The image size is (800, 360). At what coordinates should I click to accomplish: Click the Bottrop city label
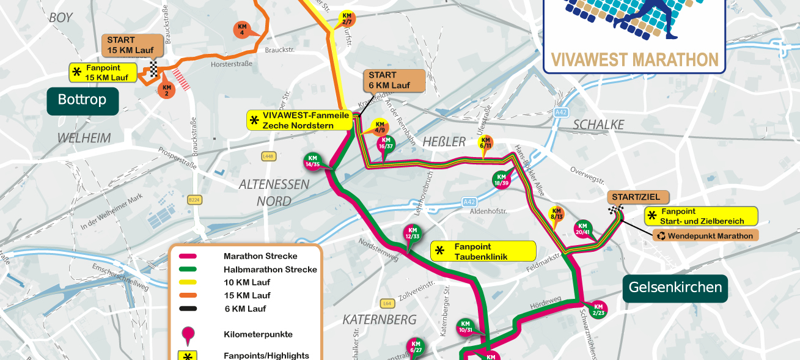[83, 100]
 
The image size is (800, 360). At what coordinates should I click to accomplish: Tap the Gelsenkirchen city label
[675, 287]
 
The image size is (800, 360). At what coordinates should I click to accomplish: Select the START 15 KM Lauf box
[132, 45]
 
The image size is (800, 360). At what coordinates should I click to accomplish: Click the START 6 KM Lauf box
[394, 81]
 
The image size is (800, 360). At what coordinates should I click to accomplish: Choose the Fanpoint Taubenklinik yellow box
[483, 251]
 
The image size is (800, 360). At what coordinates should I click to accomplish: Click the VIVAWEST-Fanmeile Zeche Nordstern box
[299, 120]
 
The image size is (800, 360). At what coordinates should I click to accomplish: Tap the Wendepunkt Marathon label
[705, 235]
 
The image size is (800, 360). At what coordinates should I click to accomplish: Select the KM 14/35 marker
[313, 161]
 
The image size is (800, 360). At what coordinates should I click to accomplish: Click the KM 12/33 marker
[413, 233]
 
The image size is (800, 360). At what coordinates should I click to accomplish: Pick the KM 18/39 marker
[501, 180]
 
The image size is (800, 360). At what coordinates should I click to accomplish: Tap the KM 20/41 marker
[582, 228]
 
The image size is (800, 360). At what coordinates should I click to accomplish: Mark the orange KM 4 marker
[242, 29]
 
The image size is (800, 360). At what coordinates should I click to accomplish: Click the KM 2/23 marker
[598, 309]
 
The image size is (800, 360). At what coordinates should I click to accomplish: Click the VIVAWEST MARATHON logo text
[634, 59]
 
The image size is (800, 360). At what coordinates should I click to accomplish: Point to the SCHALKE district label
[598, 125]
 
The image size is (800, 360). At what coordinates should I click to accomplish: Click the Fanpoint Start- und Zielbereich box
[701, 216]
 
